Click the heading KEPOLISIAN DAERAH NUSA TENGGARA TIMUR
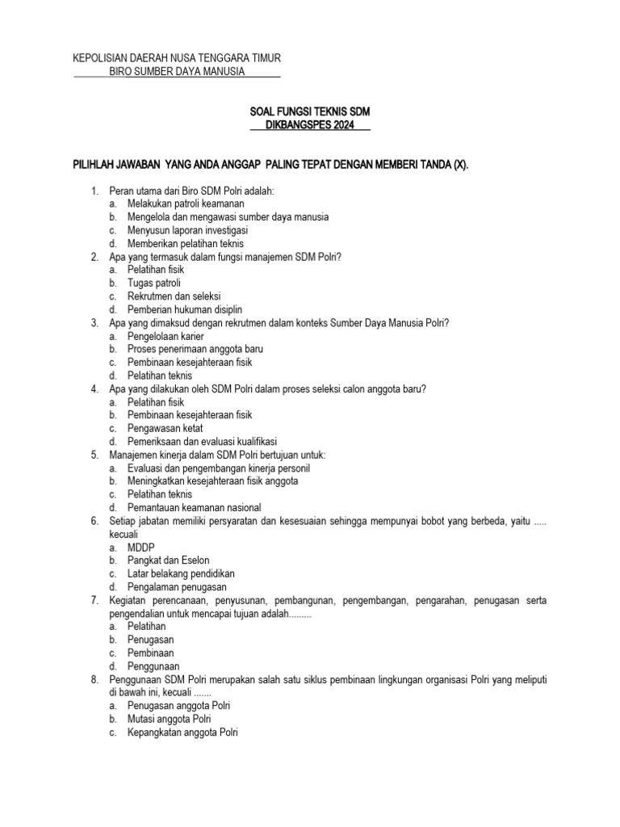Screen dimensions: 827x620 point(177,58)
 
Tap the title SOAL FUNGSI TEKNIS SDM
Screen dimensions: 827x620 point(309,111)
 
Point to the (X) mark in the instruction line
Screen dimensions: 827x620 point(458,165)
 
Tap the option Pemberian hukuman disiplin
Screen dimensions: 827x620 point(185,309)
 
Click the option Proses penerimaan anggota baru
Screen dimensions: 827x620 point(195,349)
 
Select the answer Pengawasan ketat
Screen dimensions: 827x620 point(165,428)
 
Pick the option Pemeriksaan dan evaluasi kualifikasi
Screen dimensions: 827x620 point(202,442)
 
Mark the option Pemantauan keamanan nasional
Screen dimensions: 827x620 point(194,507)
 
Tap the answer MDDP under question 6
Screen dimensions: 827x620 point(141,547)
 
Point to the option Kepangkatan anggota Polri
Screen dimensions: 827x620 point(183,732)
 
